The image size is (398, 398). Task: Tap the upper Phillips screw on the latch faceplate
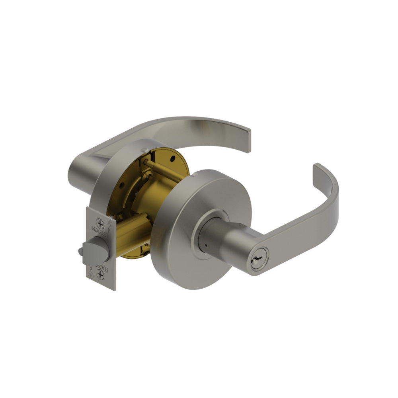click(x=100, y=224)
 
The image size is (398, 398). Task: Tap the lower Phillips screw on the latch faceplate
click(x=100, y=275)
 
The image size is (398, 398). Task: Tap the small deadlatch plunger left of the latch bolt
click(x=81, y=251)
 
